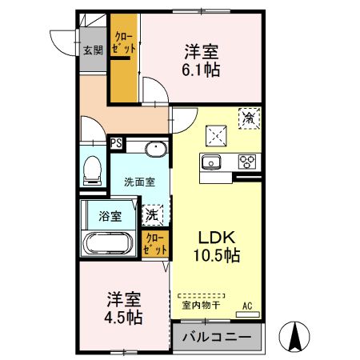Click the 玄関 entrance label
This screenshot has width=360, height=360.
coord(92,50)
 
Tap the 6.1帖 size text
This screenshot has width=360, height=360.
coord(201,69)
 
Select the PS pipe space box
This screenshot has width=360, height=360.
coord(117,145)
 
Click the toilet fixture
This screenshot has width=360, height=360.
coord(93,168)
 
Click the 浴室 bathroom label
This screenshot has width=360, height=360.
coord(110,215)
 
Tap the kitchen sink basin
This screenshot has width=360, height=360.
coord(213,162)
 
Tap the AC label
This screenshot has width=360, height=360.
coord(248,305)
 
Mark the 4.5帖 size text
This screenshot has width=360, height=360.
coord(125,318)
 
